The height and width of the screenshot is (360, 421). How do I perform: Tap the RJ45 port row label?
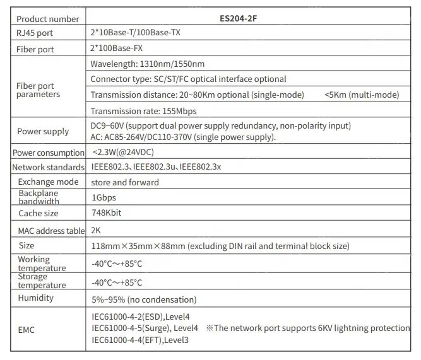pyautogui.click(x=36, y=34)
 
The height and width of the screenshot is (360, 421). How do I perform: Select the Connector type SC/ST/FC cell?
pyautogui.click(x=188, y=79)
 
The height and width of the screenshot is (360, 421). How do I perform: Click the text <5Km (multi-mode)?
pyautogui.click(x=362, y=95)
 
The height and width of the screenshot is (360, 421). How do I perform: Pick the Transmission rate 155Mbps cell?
pyautogui.click(x=143, y=110)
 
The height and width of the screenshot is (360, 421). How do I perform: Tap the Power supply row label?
pyautogui.click(x=43, y=131)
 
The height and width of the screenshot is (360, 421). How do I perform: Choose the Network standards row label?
pyautogui.click(x=48, y=168)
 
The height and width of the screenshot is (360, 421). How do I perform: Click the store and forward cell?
pyautogui.click(x=125, y=182)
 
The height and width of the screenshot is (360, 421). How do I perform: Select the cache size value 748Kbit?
pyautogui.click(x=107, y=213)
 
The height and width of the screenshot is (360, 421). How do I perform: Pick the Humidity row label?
pyautogui.click(x=36, y=298)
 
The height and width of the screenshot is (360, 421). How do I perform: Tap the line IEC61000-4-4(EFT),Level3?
pyautogui.click(x=140, y=340)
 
